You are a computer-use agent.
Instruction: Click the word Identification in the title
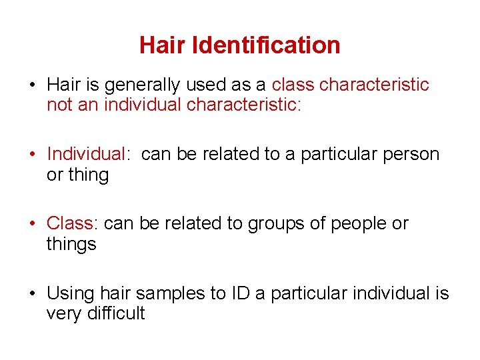(266, 45)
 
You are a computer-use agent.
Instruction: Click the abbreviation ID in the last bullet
(261, 293)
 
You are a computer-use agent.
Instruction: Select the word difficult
(116, 313)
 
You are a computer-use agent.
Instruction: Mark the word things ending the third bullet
(71, 244)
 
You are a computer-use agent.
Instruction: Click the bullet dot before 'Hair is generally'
(32, 86)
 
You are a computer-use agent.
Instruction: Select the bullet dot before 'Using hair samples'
(32, 293)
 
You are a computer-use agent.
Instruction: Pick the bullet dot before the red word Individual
(32, 155)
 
